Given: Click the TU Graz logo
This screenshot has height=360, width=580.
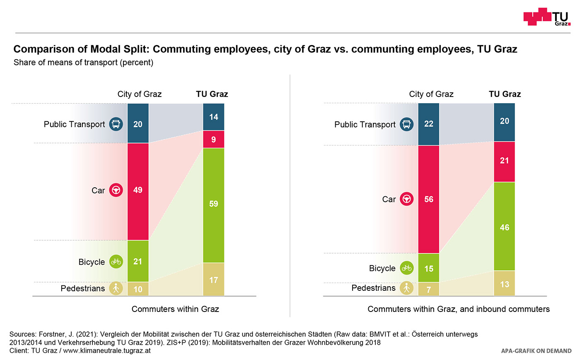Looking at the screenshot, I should click(x=546, y=17).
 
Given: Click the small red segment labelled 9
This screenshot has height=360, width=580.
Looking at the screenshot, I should click(x=213, y=139).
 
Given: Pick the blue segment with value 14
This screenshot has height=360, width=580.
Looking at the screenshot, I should click(x=213, y=117).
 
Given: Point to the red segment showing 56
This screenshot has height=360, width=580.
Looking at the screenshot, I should click(x=429, y=199).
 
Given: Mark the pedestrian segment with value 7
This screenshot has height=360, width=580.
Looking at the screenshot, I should click(x=429, y=289).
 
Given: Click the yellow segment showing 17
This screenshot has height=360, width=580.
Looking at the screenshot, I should click(x=213, y=280).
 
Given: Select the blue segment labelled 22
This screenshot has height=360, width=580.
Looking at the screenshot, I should click(x=429, y=124).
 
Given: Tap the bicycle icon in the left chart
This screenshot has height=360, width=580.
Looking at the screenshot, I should click(x=116, y=262).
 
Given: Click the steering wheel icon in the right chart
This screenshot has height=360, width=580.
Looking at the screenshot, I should click(x=407, y=199).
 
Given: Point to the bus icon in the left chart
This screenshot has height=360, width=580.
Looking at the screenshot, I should click(x=116, y=124).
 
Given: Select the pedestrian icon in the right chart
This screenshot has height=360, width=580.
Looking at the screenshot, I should click(x=407, y=288).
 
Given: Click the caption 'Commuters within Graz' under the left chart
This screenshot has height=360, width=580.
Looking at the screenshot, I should click(x=175, y=309).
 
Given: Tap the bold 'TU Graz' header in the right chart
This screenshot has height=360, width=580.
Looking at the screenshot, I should click(x=505, y=94).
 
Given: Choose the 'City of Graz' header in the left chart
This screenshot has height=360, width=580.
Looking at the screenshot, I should click(x=140, y=94).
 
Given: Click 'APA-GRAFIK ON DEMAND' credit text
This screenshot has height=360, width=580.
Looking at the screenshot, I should click(x=536, y=351).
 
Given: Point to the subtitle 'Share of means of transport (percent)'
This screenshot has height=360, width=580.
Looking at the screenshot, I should click(x=83, y=63).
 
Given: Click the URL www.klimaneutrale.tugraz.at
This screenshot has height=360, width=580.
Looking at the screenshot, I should click(x=107, y=350).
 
